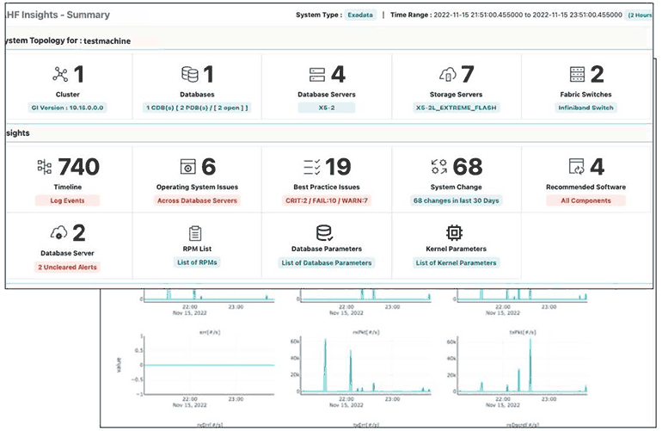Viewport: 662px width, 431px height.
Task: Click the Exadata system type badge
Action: point(359,15)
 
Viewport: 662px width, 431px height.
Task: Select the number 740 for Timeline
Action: point(78,167)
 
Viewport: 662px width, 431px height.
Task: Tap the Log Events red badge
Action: point(68,200)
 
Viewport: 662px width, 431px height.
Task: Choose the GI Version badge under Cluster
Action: point(68,108)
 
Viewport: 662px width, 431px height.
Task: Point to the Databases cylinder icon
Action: point(189,75)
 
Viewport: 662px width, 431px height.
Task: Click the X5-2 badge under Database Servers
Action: point(327,108)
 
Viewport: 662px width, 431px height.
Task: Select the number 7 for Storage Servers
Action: point(468,75)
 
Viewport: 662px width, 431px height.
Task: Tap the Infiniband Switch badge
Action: point(585,108)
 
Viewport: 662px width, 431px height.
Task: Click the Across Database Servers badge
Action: point(197,200)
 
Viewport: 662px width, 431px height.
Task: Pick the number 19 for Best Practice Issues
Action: point(338,167)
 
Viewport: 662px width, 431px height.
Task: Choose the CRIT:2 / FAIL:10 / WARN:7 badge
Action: point(327,200)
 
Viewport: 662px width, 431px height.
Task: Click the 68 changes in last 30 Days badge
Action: point(457,200)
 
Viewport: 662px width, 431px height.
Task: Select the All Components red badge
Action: point(585,200)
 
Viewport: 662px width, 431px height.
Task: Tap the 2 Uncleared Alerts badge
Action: point(68,267)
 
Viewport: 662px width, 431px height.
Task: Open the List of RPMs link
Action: point(197,262)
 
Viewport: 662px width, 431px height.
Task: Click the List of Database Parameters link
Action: point(327,262)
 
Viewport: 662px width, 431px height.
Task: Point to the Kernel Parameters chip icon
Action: point(455,233)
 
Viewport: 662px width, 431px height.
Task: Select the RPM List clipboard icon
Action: point(196,233)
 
